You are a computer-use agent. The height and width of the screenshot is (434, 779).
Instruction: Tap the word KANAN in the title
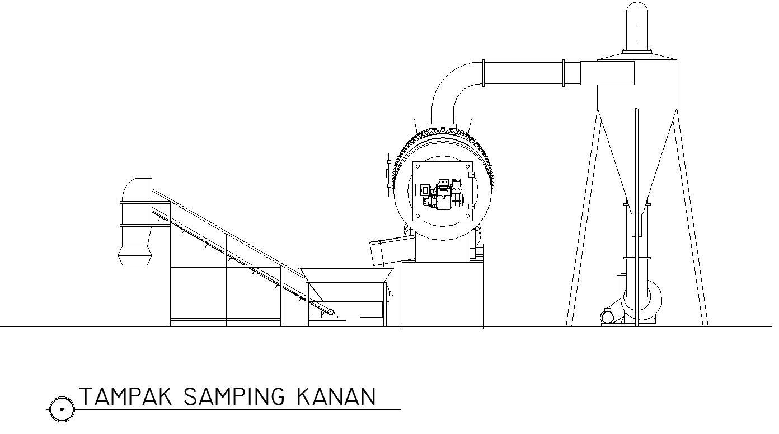click(336, 397)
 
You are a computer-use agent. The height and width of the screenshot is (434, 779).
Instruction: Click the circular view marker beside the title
click(62, 409)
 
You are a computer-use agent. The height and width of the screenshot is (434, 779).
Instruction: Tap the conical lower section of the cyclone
click(637, 157)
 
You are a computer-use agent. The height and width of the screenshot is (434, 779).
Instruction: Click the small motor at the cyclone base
click(607, 316)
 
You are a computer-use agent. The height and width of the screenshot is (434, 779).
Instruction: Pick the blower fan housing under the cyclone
click(642, 301)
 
